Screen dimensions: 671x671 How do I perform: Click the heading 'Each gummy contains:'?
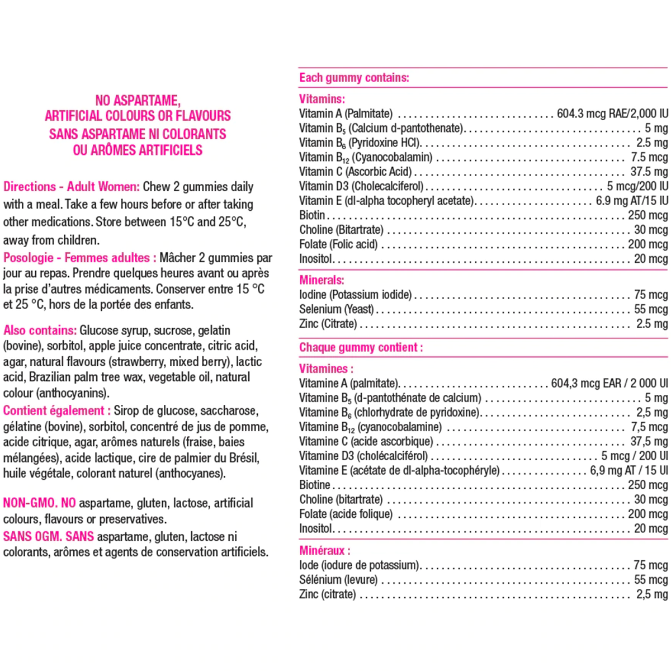tap(354, 78)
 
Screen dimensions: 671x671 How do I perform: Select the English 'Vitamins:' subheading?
tap(322, 99)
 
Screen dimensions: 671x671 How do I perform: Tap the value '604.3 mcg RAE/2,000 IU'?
tap(612, 114)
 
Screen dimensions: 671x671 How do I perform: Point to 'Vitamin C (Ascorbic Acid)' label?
tap(355, 172)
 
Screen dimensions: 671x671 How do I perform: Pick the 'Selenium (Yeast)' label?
tap(336, 309)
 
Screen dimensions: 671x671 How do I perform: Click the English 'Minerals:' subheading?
tap(322, 280)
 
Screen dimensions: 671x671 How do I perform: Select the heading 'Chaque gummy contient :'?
tap(361, 347)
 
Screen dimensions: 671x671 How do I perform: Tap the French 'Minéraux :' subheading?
tap(325, 551)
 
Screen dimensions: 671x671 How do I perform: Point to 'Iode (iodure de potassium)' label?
tap(358, 565)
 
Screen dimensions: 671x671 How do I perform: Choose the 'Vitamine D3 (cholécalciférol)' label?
tap(363, 456)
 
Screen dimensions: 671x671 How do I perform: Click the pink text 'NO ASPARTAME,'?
tap(138, 101)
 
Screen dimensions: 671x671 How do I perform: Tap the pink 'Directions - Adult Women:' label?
tap(72, 187)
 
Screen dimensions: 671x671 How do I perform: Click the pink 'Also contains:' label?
tap(40, 330)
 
